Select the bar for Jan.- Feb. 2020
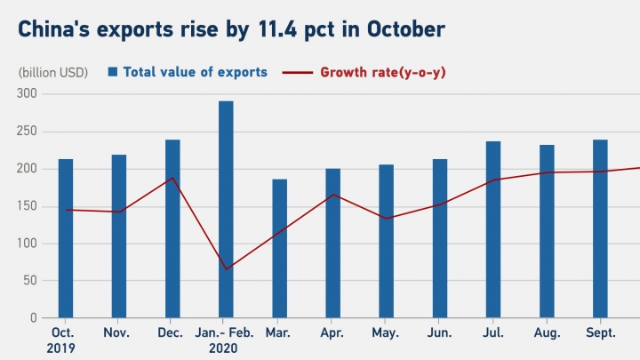point(226,209)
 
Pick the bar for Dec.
point(172,228)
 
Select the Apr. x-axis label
point(332,332)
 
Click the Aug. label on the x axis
point(547,332)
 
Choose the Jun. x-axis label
point(440,332)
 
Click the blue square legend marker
point(113,72)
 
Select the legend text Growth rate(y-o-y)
point(382,72)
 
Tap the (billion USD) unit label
point(52,72)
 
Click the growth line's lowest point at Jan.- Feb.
point(226,269)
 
